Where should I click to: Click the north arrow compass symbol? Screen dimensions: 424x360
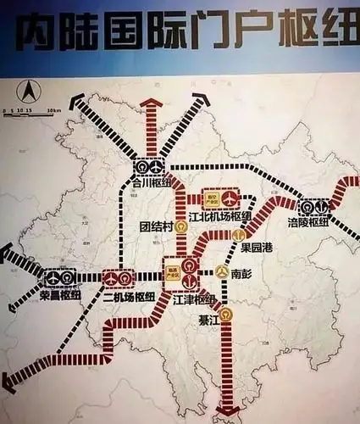point(27,88)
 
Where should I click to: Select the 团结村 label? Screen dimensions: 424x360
point(157,227)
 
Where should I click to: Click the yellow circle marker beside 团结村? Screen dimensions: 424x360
point(180,227)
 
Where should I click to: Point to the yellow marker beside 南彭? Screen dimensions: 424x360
point(221,274)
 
